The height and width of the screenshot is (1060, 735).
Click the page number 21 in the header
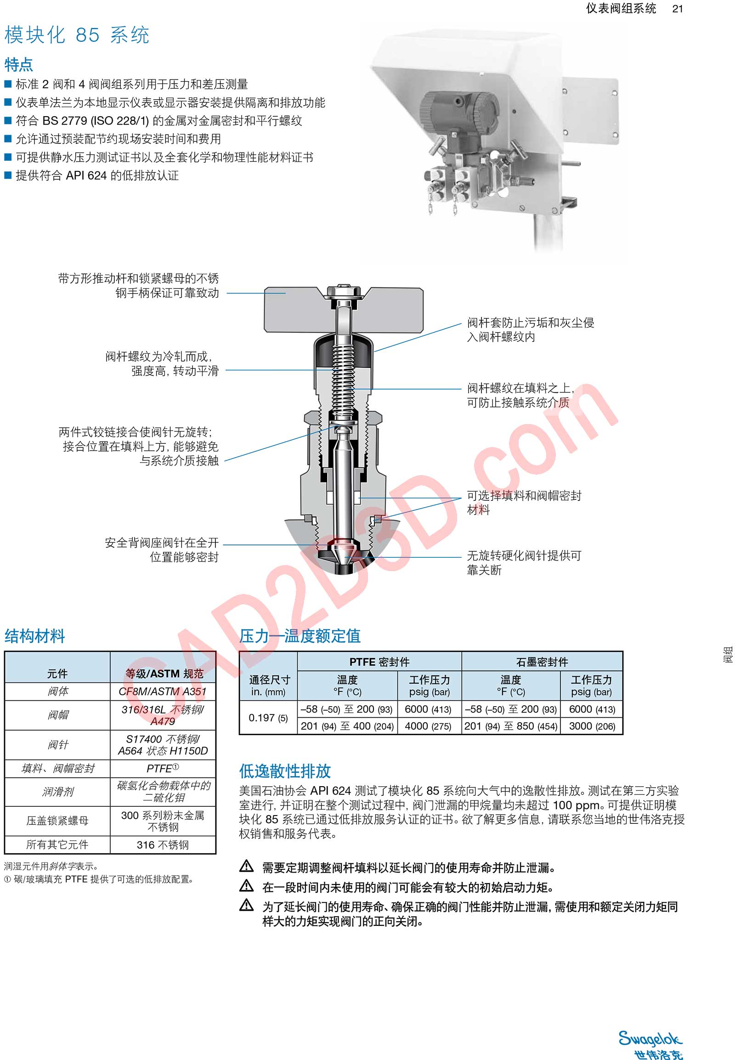677,9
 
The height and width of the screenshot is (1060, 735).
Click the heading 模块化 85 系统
77,35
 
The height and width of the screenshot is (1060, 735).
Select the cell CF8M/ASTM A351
163,691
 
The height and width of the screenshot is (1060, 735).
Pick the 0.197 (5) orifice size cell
268,717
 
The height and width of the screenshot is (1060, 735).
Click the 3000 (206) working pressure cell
592,726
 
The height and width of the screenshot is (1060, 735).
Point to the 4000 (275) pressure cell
428,726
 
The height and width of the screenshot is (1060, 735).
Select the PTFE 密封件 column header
379,662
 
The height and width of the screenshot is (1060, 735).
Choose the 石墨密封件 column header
542,662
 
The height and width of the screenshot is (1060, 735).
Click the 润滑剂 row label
57,791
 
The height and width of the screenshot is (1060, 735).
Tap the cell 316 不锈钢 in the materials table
163,845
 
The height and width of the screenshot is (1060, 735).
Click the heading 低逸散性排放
285,771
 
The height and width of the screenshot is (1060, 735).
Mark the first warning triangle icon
247,866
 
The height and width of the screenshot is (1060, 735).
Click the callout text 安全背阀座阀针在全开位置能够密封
162,550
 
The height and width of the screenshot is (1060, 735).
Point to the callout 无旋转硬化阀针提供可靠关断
524,562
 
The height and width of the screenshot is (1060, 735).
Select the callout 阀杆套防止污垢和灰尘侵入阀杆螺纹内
530,329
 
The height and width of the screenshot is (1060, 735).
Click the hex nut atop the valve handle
343,292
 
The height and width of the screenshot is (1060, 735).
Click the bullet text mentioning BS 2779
159,121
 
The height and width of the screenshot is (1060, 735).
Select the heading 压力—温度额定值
300,636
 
